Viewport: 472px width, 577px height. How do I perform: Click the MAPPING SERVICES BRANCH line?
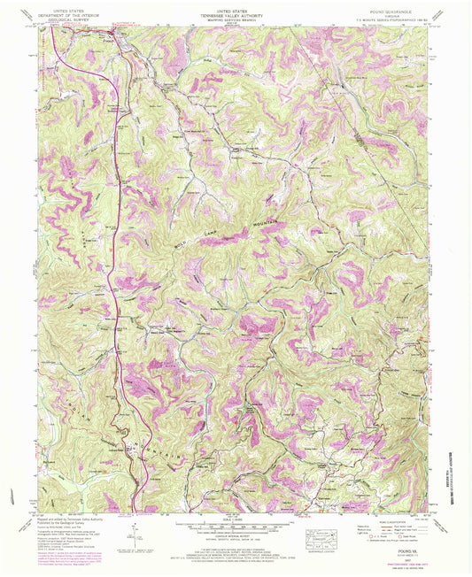[235, 17]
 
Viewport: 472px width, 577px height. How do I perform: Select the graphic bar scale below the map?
[235, 527]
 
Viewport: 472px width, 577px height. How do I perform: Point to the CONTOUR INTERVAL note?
[235, 536]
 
